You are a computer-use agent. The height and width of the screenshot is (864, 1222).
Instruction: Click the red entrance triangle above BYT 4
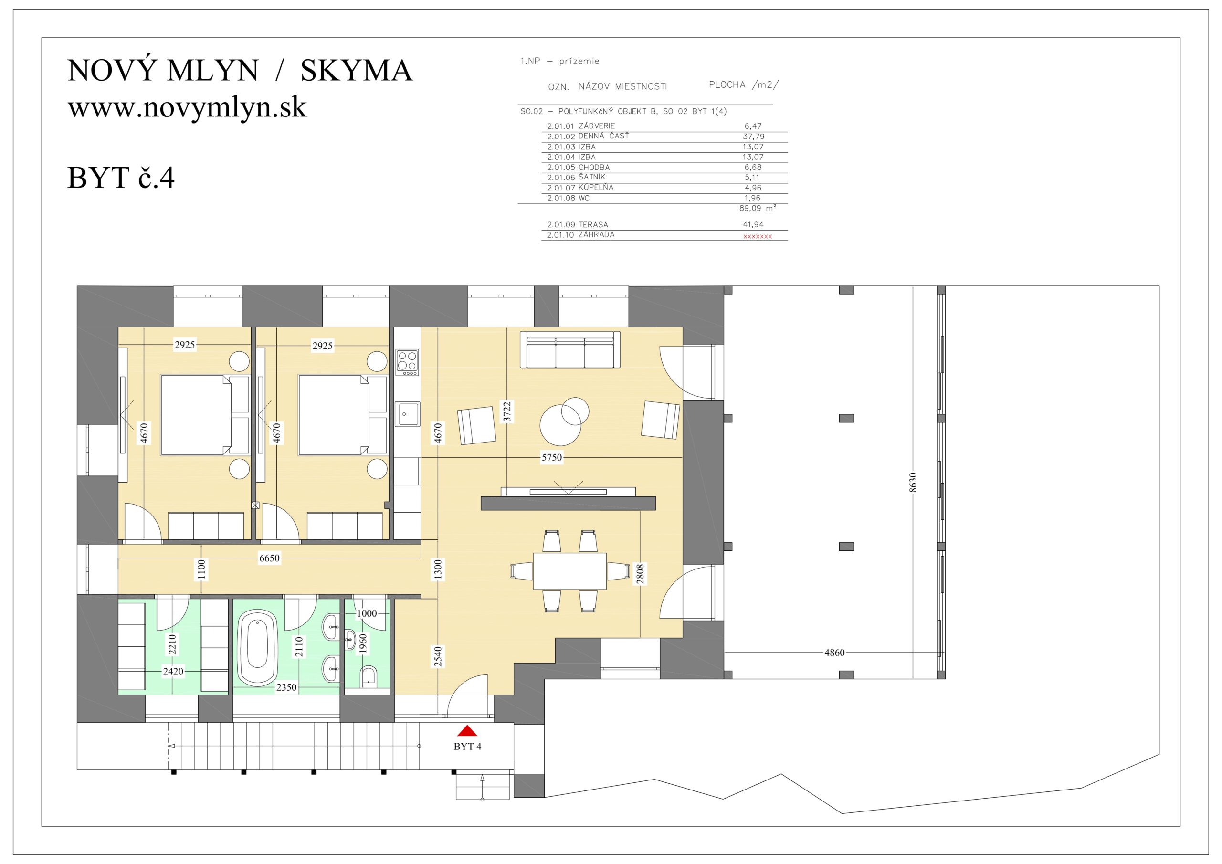467,730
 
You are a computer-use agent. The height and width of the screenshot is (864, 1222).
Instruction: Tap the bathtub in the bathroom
257,647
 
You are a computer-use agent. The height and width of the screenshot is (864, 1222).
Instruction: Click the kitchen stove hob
407,362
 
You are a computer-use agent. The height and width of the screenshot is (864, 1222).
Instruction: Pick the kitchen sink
407,414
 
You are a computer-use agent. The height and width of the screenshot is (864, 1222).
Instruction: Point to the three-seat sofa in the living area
570,349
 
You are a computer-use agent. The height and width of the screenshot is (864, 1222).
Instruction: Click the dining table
569,571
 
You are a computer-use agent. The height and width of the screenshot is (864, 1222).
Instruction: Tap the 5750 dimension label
551,457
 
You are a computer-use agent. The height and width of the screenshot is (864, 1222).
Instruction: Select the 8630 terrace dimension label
913,482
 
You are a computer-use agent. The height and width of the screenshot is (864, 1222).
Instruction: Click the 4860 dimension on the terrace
834,653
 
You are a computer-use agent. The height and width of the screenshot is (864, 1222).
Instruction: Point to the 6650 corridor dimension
269,558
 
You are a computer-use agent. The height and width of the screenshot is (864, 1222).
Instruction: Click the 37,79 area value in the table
754,136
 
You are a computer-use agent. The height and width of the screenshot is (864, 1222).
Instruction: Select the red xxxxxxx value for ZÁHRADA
758,236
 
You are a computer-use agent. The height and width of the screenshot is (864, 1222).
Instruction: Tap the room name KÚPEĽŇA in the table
596,188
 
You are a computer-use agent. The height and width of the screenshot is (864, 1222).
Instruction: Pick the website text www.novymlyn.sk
187,107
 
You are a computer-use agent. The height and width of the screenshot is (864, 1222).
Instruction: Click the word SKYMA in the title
357,70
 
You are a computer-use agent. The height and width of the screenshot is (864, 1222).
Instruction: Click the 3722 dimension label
507,411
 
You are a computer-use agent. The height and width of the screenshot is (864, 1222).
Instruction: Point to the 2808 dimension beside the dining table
640,574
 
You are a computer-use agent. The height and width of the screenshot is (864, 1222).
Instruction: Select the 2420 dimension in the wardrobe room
173,672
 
